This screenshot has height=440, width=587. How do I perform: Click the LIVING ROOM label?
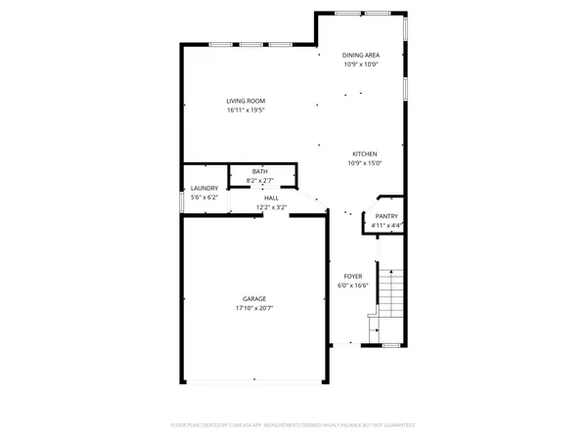[246, 101]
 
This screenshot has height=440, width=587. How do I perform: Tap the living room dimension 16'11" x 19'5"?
[246, 110]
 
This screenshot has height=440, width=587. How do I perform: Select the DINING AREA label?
[360, 55]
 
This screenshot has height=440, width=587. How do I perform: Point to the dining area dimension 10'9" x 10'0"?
[360, 65]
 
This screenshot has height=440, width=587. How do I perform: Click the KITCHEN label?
[365, 154]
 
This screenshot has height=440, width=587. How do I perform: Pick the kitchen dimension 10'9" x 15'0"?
[365, 163]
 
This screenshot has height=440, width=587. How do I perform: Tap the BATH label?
[259, 171]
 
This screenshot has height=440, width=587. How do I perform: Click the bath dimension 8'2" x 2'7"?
[259, 180]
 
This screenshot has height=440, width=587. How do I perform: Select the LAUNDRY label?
[203, 188]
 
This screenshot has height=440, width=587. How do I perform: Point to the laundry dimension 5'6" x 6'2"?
[203, 198]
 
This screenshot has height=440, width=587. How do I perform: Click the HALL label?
[271, 198]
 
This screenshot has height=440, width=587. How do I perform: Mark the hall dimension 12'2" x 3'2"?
[271, 206]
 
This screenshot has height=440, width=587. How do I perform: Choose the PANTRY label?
[386, 216]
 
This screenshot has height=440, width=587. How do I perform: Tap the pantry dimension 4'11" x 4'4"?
[386, 226]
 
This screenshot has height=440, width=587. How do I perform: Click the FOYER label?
[352, 277]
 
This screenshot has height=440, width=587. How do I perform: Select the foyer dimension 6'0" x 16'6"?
[352, 286]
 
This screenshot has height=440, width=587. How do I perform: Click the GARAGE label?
[254, 298]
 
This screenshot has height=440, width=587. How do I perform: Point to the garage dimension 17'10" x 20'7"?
[254, 308]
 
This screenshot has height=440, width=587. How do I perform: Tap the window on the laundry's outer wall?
[182, 200]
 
